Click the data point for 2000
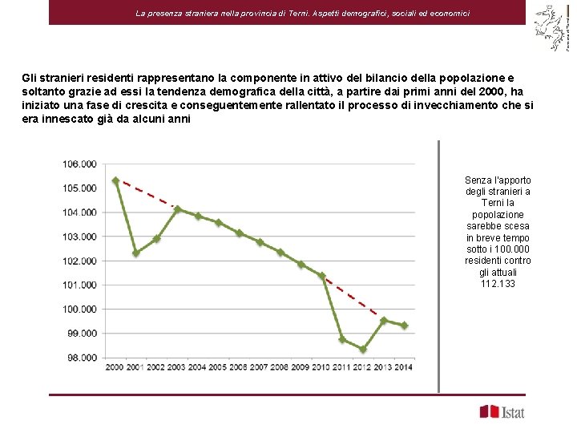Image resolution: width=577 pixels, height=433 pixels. click(116, 181)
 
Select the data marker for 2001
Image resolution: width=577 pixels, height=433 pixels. click(136, 253)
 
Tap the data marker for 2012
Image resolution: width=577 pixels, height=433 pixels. click(363, 350)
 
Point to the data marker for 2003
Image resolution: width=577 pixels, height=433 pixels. click(178, 209)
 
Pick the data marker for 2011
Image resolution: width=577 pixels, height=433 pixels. click(342, 339)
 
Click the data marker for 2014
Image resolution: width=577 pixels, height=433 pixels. click(404, 326)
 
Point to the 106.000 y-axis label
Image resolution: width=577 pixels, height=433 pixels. click(79, 164)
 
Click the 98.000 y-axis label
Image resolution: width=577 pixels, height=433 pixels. click(81, 358)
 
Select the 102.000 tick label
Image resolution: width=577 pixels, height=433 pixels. click(79, 261)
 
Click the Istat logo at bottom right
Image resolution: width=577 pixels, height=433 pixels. click(502, 412)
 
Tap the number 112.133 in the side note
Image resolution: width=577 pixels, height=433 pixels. click(498, 285)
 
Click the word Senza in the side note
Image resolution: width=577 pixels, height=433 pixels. click(478, 180)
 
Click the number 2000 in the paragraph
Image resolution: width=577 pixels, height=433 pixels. click(497, 92)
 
